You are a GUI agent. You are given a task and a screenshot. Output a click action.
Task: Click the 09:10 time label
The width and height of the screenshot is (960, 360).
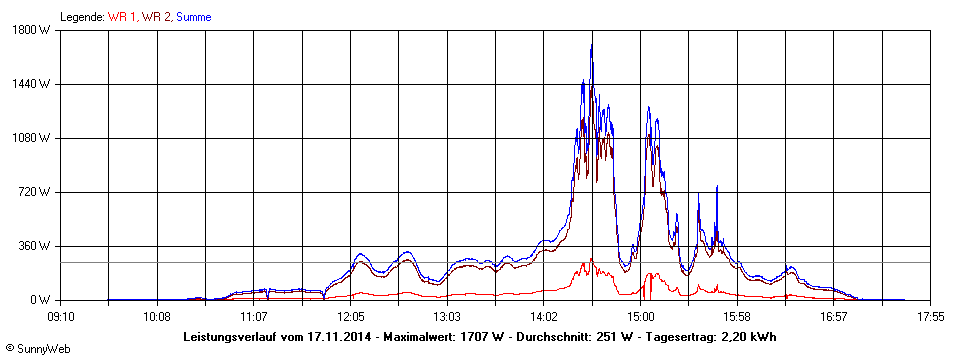(x=60, y=316)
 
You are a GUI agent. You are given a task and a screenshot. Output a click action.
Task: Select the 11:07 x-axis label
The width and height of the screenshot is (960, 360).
(x=253, y=316)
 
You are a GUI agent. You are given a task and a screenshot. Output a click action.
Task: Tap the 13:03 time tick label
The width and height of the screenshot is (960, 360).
(x=447, y=316)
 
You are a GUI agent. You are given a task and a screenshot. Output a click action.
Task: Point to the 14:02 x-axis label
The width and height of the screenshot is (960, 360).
(x=544, y=316)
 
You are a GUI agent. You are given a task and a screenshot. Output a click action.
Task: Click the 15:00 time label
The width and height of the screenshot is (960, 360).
(x=641, y=316)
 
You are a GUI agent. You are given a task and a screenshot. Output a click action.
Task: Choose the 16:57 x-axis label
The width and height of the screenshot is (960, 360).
(x=835, y=316)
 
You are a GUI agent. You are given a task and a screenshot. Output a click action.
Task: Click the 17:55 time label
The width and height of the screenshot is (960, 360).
(x=931, y=316)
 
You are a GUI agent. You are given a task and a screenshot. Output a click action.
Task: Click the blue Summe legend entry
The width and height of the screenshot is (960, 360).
(x=194, y=17)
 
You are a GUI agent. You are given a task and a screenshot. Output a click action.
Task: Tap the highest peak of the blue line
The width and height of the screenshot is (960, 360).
(x=591, y=45)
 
